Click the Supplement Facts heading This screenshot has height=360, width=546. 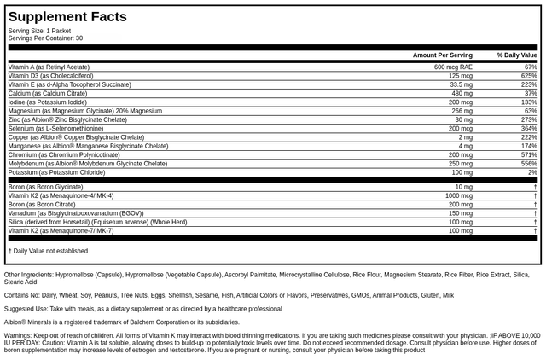point(67,17)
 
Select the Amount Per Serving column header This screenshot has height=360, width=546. point(442,55)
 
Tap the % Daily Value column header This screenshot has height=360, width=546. point(517,55)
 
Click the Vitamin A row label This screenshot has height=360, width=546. point(49,67)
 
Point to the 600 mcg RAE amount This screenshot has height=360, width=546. point(453,67)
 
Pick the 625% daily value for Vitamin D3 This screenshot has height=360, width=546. point(528,76)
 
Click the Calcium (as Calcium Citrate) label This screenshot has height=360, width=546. point(48,93)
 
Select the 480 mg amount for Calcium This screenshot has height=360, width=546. point(462,93)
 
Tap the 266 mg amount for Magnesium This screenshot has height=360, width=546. point(462,111)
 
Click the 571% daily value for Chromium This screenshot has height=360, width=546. point(528,155)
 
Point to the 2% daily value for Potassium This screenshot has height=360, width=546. point(531,172)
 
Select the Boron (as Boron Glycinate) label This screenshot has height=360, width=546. point(46,187)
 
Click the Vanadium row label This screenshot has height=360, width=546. point(76,213)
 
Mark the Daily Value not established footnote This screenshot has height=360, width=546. point(48,251)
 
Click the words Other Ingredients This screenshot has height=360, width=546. point(28,275)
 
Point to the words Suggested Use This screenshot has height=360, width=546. point(25,309)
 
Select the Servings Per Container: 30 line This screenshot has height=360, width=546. point(45,38)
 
